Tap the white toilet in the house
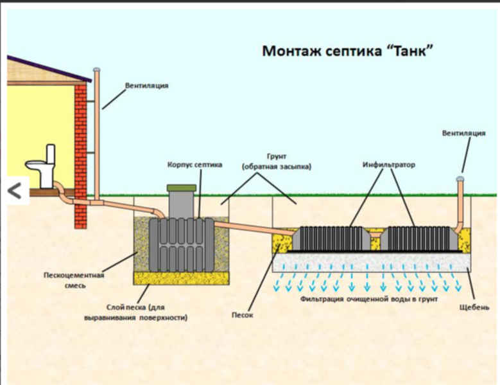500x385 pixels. tap(42, 166)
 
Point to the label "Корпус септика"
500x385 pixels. tap(196, 165)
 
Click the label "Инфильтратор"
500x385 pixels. tap(389, 165)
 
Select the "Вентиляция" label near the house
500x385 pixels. tap(147, 85)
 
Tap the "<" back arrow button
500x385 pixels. tap(16, 190)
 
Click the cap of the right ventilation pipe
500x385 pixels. tap(460, 178)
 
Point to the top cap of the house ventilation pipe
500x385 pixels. tap(96, 69)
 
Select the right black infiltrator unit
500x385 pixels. tap(421, 238)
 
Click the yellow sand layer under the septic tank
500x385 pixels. tap(181, 278)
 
